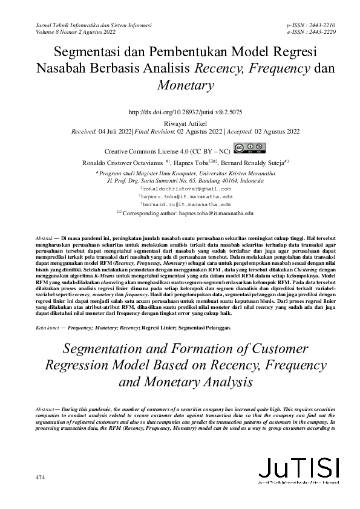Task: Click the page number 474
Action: pos(41,478)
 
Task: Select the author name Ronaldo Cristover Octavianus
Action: pos(125,163)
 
